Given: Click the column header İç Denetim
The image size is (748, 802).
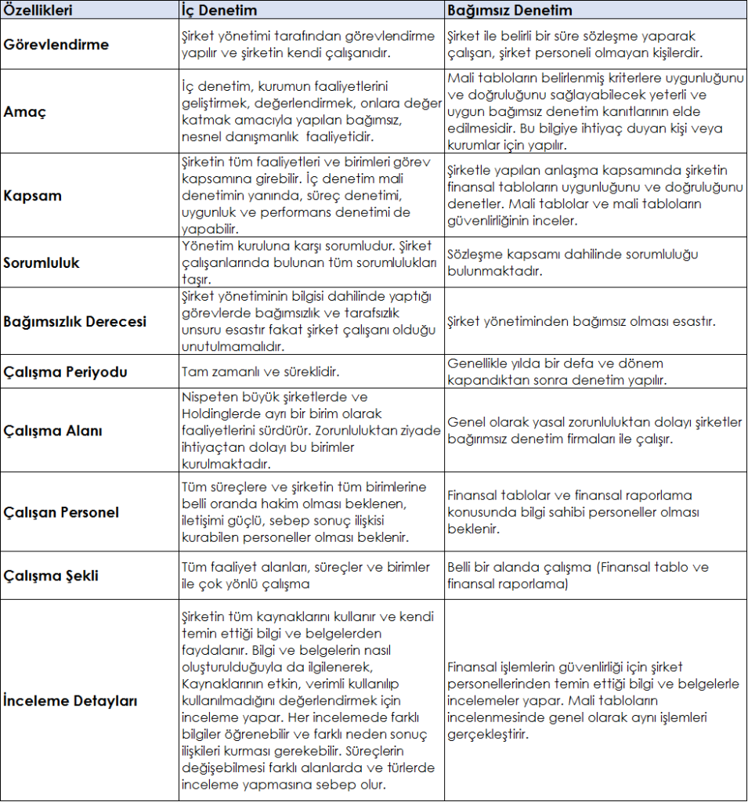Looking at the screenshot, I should [x=219, y=10].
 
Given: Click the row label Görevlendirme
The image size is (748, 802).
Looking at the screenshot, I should [x=56, y=45].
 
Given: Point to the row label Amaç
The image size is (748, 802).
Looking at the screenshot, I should [x=24, y=111].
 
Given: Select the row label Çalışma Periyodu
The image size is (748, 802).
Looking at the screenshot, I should [x=65, y=371].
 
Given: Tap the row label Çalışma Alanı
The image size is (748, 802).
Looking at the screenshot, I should [x=53, y=431].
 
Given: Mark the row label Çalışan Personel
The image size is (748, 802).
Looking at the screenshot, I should [x=61, y=513].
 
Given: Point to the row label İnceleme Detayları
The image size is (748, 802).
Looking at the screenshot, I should [x=70, y=700].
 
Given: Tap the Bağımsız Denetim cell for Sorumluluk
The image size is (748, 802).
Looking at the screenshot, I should [x=573, y=262].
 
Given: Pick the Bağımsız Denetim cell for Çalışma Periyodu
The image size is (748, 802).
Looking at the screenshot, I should [x=556, y=371].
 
